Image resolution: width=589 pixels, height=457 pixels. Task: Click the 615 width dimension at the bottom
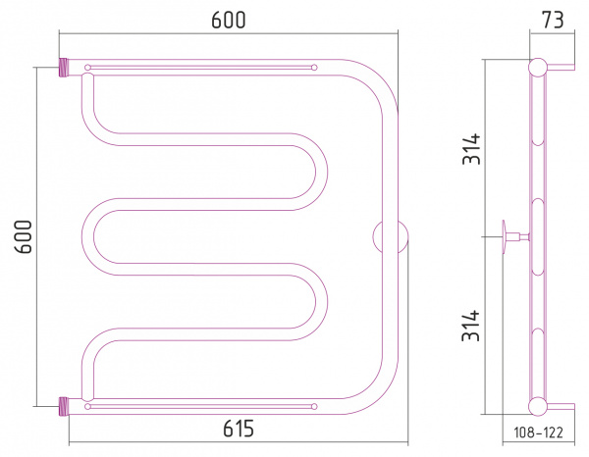pos(239,429)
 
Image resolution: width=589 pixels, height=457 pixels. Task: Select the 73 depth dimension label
pos(553,21)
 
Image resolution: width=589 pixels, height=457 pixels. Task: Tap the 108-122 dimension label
pos(538,432)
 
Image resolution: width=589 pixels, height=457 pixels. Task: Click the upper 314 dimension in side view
pos(471,149)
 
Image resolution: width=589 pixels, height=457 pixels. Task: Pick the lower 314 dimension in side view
pos(471,326)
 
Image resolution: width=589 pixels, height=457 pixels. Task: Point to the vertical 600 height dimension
pos(24,237)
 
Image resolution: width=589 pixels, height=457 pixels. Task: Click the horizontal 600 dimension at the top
pos(229,21)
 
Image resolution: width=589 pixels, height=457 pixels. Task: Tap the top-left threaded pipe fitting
pos(64,68)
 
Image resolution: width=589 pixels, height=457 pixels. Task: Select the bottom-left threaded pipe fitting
pos(64,406)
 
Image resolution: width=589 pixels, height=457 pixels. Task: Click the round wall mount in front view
pos(391,237)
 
